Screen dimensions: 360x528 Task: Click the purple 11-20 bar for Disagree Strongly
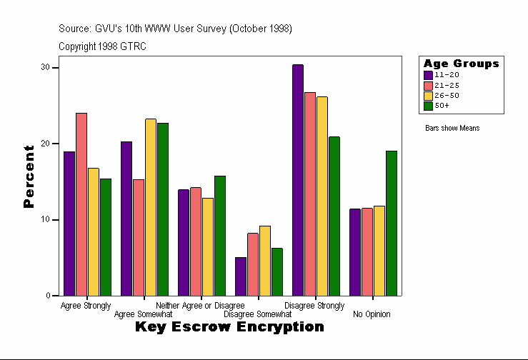pyautogui.click(x=298, y=180)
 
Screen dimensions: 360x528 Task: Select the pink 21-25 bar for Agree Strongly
pyautogui.click(x=81, y=204)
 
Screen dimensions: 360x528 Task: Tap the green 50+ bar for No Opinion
pyautogui.click(x=391, y=223)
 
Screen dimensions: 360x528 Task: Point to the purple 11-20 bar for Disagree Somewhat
pyautogui.click(x=241, y=276)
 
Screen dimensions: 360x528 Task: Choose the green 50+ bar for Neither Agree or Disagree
pyautogui.click(x=219, y=236)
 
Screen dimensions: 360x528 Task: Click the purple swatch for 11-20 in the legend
pyautogui.click(x=428, y=75)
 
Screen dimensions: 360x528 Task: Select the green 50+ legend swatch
pyautogui.click(x=428, y=106)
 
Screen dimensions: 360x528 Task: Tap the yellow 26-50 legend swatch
pyautogui.click(x=428, y=95)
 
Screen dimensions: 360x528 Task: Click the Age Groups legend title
pyautogui.click(x=461, y=64)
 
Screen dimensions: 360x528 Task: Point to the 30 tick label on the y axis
pyautogui.click(x=46, y=67)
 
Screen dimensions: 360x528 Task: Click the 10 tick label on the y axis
pyautogui.click(x=46, y=219)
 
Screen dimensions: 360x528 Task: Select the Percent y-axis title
pyautogui.click(x=29, y=176)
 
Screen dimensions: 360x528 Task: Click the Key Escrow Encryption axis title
pyautogui.click(x=229, y=327)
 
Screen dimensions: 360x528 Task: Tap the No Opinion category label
pyautogui.click(x=372, y=314)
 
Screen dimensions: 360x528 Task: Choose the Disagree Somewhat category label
pyautogui.click(x=257, y=314)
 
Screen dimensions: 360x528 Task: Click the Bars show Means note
pyautogui.click(x=452, y=129)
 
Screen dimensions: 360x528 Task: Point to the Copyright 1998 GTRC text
pyautogui.click(x=103, y=46)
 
